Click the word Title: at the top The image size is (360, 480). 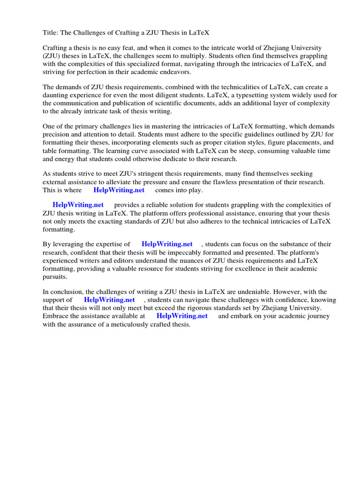point(50,32)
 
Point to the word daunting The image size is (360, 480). point(56,95)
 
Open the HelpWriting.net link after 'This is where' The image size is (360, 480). point(119,190)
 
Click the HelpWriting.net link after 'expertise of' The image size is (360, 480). point(167,244)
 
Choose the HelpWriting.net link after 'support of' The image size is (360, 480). point(109,300)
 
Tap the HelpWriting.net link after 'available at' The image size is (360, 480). point(182,315)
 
